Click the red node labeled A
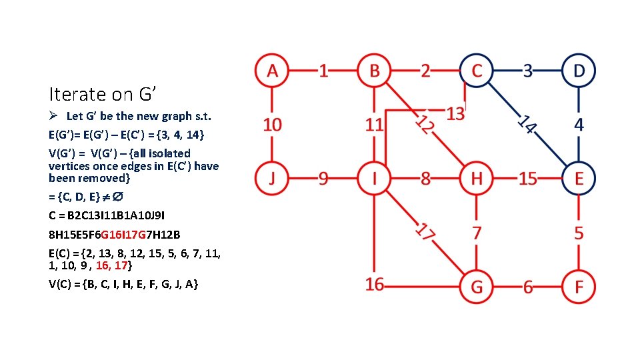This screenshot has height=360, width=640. point(271,70)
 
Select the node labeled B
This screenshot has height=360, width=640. point(374,70)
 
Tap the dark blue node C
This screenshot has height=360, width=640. point(476,70)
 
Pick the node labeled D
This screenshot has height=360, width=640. point(578,70)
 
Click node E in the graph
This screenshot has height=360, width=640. point(578,178)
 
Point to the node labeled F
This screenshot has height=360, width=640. point(578,287)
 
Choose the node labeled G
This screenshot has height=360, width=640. point(476,287)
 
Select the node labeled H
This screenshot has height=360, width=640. point(476,178)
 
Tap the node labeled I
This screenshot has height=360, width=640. point(374,178)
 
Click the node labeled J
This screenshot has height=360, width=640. point(271,178)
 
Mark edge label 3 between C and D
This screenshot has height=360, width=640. point(527,70)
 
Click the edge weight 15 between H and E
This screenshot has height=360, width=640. point(527,179)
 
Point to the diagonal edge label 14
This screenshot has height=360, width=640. point(527,124)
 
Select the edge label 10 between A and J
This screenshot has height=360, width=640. point(272,124)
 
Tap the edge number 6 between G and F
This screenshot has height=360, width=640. point(527,287)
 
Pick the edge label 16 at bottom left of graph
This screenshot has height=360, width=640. point(375,285)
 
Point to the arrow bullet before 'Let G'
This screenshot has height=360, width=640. point(53,116)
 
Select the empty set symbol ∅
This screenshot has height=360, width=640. point(117,197)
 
